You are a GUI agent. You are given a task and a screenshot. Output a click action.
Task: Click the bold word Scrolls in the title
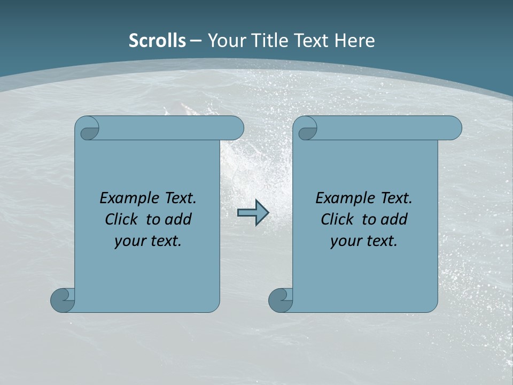point(157,41)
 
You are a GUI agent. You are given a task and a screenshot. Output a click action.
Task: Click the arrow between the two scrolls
point(253,213)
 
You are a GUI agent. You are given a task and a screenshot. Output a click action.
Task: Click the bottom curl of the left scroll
point(63,299)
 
